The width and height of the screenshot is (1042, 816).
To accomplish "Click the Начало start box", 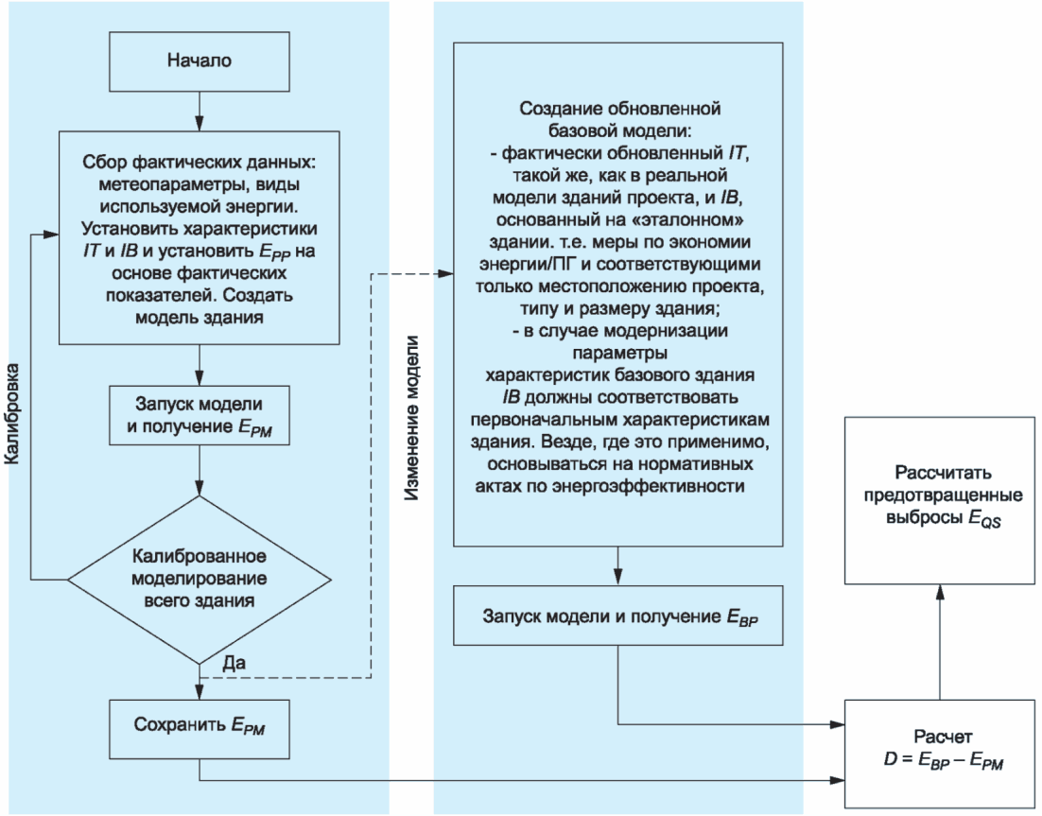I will coord(200,62).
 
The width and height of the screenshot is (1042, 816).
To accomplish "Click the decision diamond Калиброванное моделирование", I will coord(199,578).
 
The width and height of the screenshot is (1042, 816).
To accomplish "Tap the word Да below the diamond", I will coord(235,663).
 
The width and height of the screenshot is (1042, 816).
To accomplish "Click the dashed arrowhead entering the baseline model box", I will coord(448,274).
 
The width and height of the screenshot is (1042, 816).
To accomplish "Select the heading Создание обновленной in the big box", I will coord(621,104).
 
